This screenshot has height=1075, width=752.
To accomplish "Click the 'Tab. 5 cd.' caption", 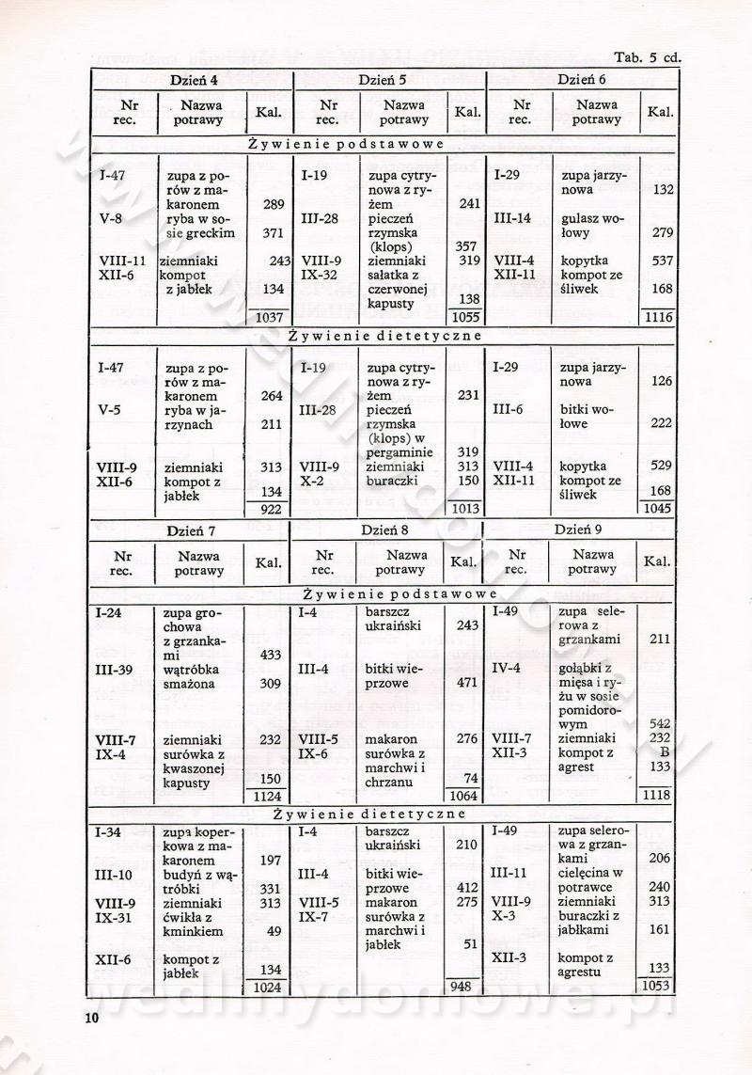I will pos(647,57).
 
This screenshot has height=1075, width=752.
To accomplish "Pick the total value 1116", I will pos(658,318).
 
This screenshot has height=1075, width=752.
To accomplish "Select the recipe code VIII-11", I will pos(122,261).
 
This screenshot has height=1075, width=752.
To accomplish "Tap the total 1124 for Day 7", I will pos(269,798).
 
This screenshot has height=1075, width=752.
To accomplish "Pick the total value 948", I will pos(461,988).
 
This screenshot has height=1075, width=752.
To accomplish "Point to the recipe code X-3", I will pos(504,917).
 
